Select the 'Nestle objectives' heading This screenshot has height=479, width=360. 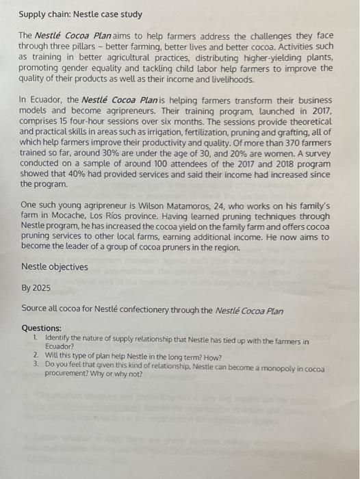click(55, 267)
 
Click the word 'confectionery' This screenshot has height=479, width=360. click(157, 309)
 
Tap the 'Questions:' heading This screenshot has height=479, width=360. click(41, 328)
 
